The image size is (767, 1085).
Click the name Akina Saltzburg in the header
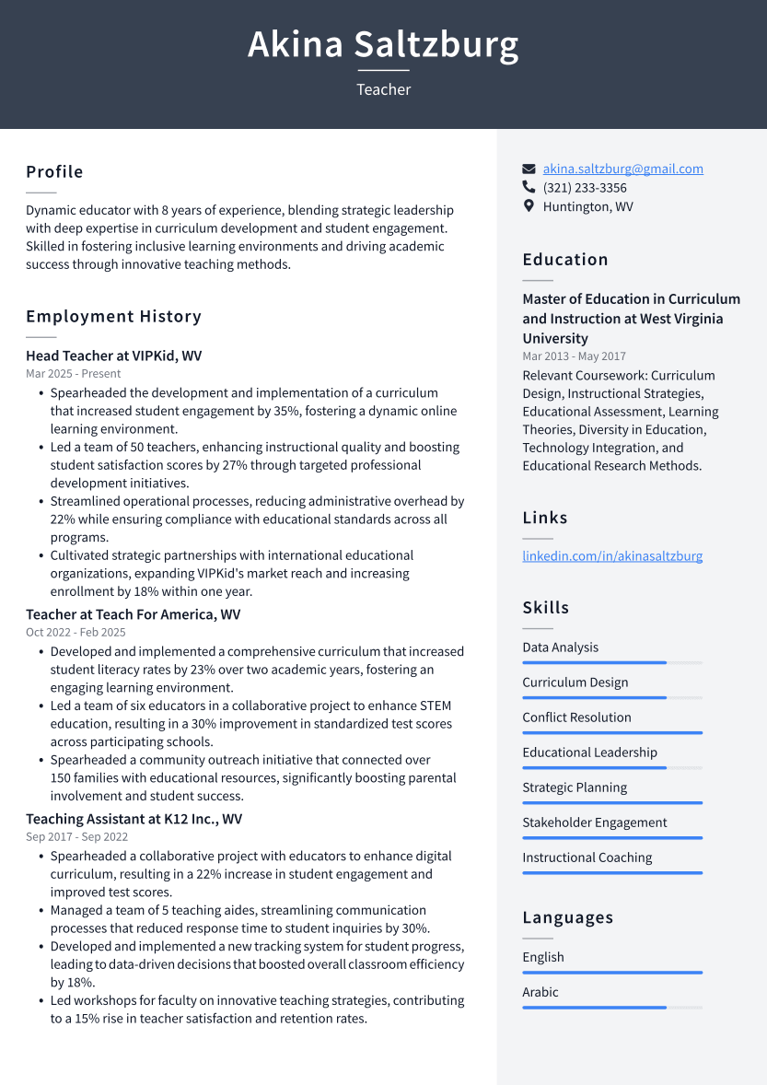point(383,44)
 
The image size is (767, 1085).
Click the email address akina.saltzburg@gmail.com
point(622,169)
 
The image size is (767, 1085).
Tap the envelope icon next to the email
point(529,169)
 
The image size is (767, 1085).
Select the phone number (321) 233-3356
point(585,188)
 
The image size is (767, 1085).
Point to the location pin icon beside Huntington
point(529,206)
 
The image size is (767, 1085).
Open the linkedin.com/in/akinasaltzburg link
point(612,556)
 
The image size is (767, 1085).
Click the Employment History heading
point(113,317)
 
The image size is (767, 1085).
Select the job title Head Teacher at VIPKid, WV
point(113,356)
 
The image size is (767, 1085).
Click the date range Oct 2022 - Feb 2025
point(76,633)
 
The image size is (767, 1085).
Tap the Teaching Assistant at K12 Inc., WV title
point(134,819)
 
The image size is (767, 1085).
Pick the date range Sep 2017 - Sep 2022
point(76,837)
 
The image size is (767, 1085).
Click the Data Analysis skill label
point(560,647)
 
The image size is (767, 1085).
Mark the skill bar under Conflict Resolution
point(612,733)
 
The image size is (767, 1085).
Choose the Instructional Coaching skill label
point(587,857)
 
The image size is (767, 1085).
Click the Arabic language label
point(540,992)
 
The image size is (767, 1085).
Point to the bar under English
point(612,973)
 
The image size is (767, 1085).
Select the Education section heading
point(565,260)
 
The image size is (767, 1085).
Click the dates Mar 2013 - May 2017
point(574,356)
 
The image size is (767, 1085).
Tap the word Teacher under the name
point(383,89)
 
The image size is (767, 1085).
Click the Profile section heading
point(54,172)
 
